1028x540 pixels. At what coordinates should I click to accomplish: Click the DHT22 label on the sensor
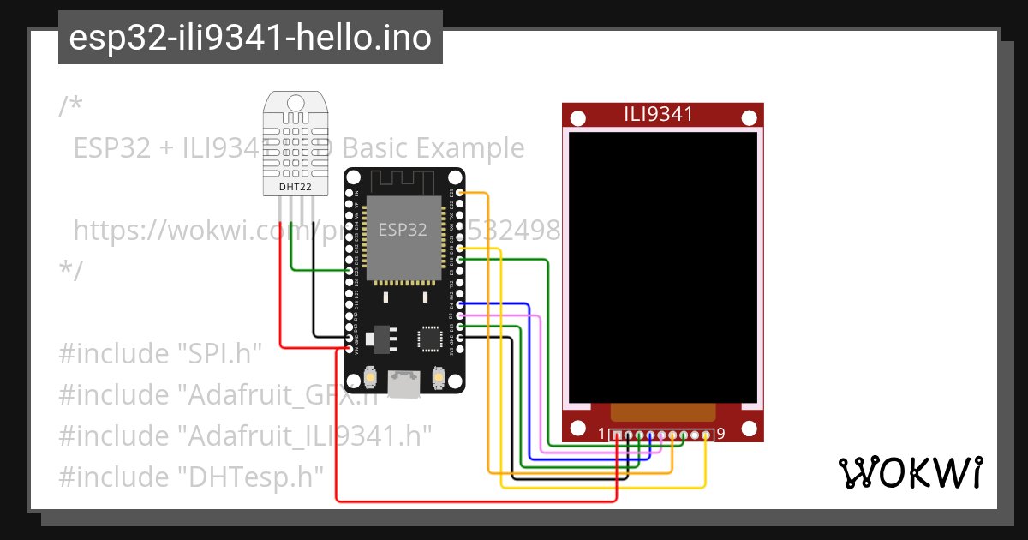[x=295, y=186]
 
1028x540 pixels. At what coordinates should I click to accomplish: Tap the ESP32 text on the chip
[x=403, y=230]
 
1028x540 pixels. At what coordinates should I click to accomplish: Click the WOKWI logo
[x=909, y=472]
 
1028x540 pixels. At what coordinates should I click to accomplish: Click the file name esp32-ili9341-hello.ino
[x=250, y=38]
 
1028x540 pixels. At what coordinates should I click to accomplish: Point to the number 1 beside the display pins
[x=601, y=434]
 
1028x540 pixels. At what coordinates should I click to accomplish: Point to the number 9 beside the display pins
[x=720, y=434]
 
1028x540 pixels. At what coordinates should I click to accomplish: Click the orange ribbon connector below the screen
[x=662, y=413]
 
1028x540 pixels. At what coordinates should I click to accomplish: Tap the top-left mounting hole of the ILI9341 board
[x=577, y=117]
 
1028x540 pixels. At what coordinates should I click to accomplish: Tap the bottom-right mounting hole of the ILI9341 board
[x=748, y=428]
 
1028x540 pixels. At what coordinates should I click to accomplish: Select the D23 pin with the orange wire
[x=461, y=194]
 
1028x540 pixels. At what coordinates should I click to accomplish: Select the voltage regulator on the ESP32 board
[x=380, y=338]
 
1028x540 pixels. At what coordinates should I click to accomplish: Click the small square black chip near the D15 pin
[x=428, y=338]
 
